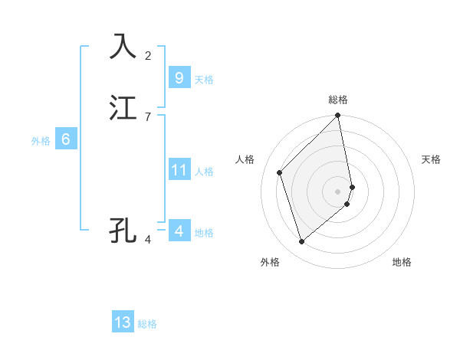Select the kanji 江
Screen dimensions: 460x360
123,108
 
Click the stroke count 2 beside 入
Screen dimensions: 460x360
148,55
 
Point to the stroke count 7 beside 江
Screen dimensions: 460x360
148,116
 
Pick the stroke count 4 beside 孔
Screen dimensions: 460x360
148,239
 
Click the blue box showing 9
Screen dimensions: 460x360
179,78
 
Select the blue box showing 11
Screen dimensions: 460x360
179,170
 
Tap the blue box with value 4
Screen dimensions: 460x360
179,231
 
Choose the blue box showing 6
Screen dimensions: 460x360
65,139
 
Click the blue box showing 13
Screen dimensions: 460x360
123,322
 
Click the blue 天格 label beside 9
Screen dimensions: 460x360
204,80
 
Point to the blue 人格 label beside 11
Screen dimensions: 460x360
204,172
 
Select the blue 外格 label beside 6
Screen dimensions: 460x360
41,141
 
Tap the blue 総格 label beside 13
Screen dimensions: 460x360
147,324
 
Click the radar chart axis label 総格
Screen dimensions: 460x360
338,100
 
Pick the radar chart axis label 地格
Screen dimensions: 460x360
402,262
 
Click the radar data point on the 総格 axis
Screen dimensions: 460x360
338,116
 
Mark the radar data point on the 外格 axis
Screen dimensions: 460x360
301,242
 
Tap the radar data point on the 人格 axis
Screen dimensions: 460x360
280,172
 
